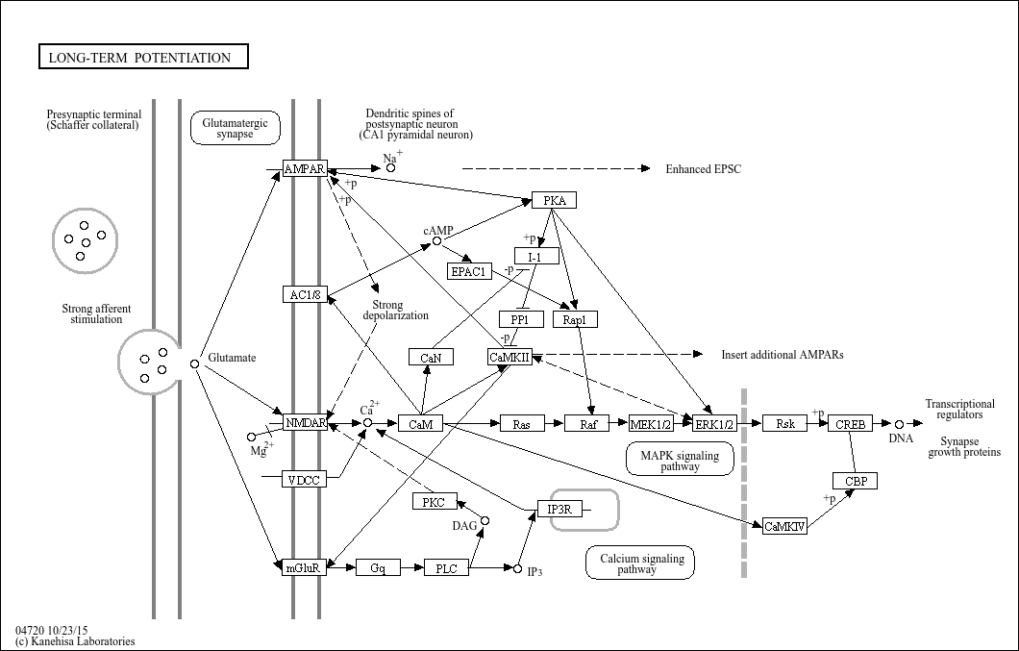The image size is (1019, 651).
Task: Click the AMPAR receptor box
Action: coord(305,169)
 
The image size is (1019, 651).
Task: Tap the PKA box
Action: coord(555,200)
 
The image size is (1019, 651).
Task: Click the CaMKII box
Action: coord(509,357)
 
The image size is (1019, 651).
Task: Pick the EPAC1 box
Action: coord(470,271)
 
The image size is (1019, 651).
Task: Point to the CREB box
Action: coord(851,423)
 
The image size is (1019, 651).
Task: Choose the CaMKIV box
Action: coord(784,526)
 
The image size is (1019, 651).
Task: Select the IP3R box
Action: coord(559,509)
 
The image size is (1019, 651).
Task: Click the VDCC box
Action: coord(305,479)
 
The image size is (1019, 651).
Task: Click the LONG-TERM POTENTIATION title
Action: coord(142,58)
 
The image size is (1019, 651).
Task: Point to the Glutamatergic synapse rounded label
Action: coord(235,128)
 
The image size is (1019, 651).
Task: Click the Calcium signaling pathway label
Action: coord(640,563)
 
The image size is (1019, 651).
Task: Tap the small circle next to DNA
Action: coord(900,424)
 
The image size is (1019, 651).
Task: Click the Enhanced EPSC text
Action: coord(704,169)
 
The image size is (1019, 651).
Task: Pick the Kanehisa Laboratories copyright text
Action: coord(75,641)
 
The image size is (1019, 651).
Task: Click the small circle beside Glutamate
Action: coord(194,363)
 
